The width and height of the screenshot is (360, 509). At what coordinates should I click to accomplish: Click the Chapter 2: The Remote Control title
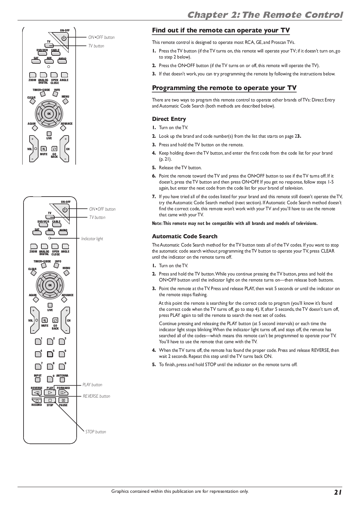tap(265, 15)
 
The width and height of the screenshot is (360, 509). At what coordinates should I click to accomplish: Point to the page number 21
tap(338, 492)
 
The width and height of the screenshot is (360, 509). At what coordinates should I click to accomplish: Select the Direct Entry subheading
tap(169, 119)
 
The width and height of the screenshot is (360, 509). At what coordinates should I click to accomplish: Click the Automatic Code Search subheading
tap(184, 236)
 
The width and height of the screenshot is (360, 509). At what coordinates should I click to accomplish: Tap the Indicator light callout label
tap(92, 239)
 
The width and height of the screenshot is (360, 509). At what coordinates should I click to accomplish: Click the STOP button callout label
tap(95, 432)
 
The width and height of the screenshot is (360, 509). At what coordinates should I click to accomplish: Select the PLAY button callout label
tap(92, 385)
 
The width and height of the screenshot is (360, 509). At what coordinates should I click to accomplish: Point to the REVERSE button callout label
tap(96, 396)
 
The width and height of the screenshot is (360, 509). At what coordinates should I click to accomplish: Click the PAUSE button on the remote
tap(63, 401)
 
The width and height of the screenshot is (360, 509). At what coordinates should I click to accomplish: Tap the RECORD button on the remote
tap(37, 401)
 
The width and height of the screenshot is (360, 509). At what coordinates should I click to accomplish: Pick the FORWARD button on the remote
tap(63, 393)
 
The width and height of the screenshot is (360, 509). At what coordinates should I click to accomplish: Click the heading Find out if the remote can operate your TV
tap(221, 30)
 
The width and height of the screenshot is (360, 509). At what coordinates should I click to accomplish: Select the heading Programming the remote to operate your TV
tap(224, 88)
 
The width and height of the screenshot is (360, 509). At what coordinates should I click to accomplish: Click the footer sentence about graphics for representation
tap(180, 491)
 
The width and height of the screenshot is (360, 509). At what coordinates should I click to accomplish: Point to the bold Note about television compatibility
tap(235, 223)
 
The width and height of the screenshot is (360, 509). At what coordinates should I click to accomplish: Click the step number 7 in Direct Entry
tap(154, 197)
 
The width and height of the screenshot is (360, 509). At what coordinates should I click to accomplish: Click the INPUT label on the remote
tap(38, 376)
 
